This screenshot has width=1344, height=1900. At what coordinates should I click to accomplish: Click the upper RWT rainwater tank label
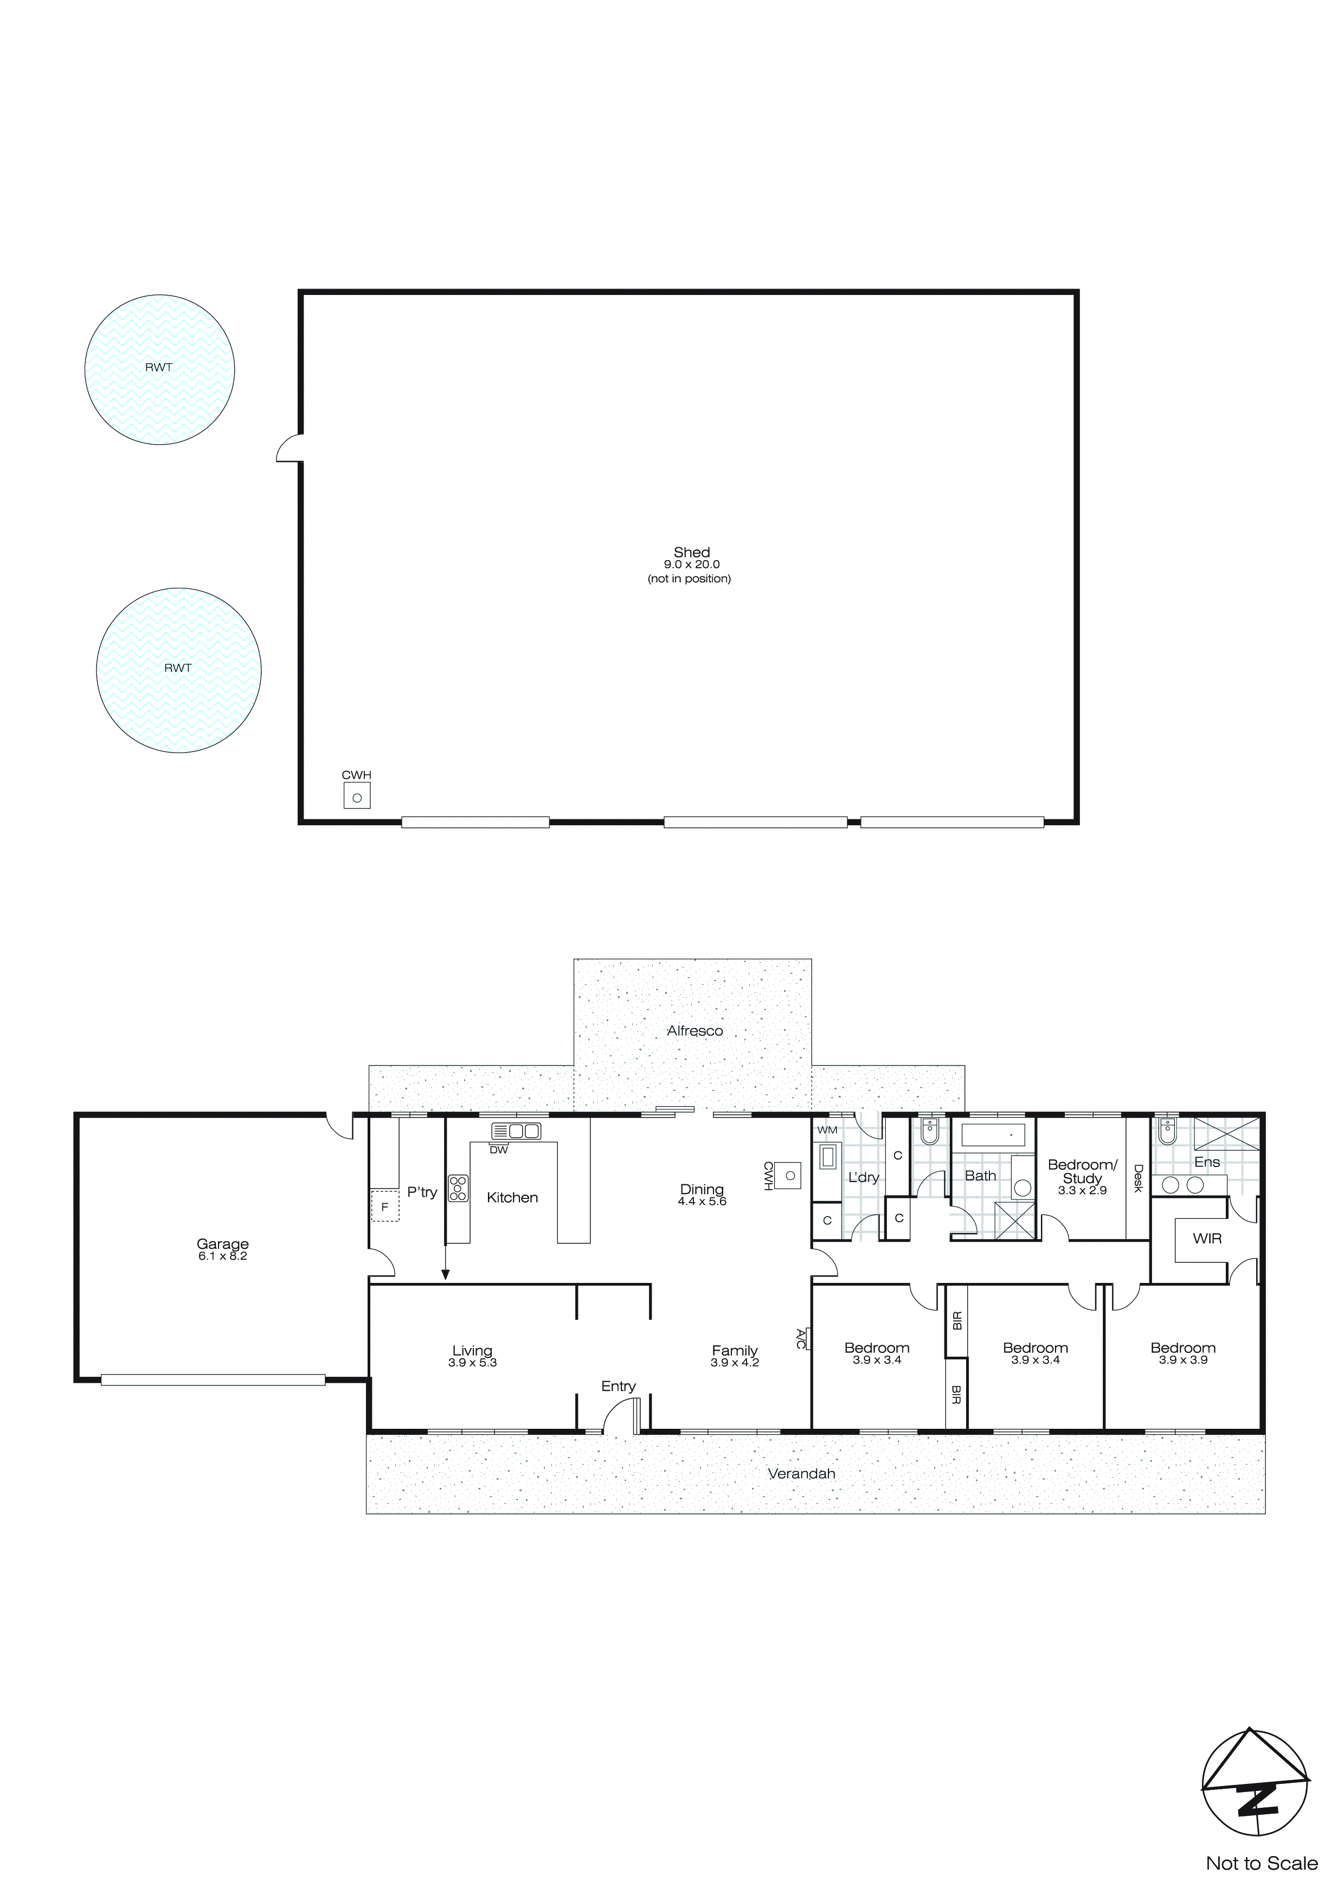[158, 368]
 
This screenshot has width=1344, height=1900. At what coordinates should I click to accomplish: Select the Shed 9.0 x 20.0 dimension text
[691, 564]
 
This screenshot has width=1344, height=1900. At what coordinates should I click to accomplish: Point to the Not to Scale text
[1261, 1879]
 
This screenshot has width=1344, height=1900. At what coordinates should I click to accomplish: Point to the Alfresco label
[694, 1031]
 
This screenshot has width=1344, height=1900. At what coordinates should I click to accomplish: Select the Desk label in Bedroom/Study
[1138, 1178]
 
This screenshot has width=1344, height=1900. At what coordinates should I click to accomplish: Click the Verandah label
[801, 1474]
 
